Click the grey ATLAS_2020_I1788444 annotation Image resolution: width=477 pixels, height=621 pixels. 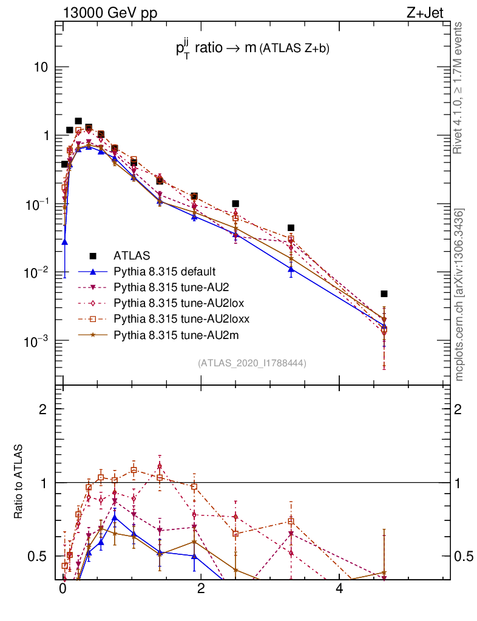pyautogui.click(x=251, y=363)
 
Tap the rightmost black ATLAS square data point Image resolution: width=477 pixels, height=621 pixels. pyautogui.click(x=384, y=294)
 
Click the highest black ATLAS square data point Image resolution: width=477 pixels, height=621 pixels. pyautogui.click(x=78, y=121)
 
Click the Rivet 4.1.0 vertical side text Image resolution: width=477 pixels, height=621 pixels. pyautogui.click(x=459, y=88)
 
